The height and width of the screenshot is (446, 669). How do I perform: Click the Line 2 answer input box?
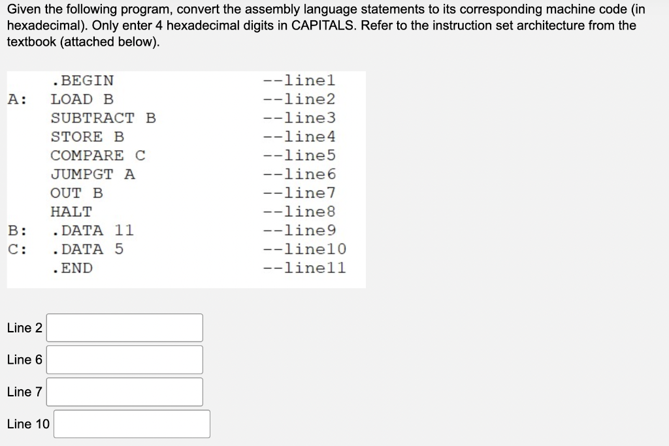pyautogui.click(x=125, y=328)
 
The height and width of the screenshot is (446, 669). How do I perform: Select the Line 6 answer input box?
pyautogui.click(x=125, y=360)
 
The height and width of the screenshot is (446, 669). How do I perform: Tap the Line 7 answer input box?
pyautogui.click(x=125, y=392)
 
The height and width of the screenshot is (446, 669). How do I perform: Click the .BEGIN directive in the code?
pyautogui.click(x=82, y=81)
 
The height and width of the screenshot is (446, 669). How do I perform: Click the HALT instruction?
pyautogui.click(x=71, y=212)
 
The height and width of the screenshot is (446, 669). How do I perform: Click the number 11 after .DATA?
pyautogui.click(x=124, y=231)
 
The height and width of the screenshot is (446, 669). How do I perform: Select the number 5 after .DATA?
pyautogui.click(x=119, y=249)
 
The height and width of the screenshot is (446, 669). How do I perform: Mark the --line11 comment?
pyautogui.click(x=304, y=268)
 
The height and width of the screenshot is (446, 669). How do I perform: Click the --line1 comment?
pyautogui.click(x=299, y=81)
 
